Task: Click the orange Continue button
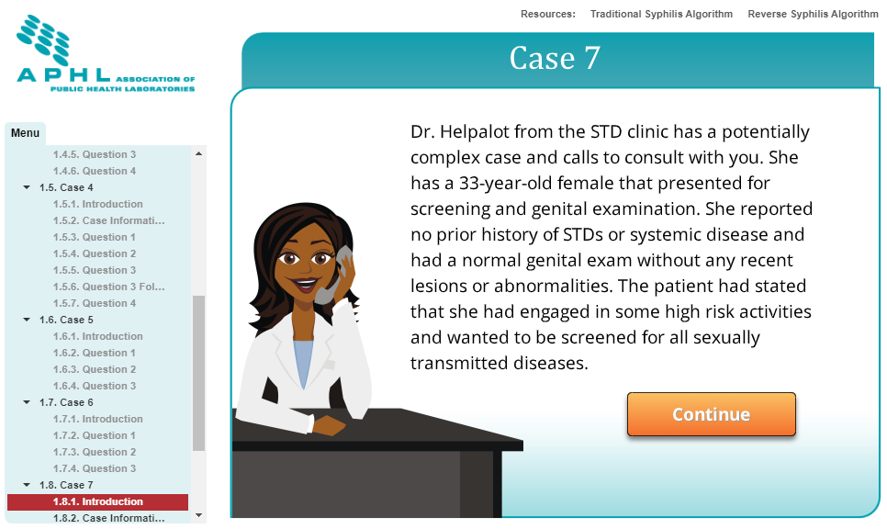[x=711, y=414]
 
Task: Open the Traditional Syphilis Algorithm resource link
[x=661, y=14]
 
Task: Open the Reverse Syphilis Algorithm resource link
[x=813, y=14]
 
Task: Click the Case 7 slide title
[x=555, y=58]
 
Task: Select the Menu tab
[x=26, y=133]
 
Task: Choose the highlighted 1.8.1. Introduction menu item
[x=98, y=501]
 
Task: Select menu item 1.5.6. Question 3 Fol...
[x=109, y=287]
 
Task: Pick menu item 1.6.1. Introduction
[x=98, y=337]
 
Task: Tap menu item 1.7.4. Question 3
[x=95, y=468]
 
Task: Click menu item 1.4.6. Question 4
[x=95, y=171]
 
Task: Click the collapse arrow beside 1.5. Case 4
[x=27, y=187]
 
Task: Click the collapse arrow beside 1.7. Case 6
[x=27, y=402]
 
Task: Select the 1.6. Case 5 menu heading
[x=66, y=321]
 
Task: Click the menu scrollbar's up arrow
[x=198, y=153]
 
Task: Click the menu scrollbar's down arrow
[x=198, y=515]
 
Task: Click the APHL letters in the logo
[x=64, y=74]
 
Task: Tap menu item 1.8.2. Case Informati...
[x=109, y=518]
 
